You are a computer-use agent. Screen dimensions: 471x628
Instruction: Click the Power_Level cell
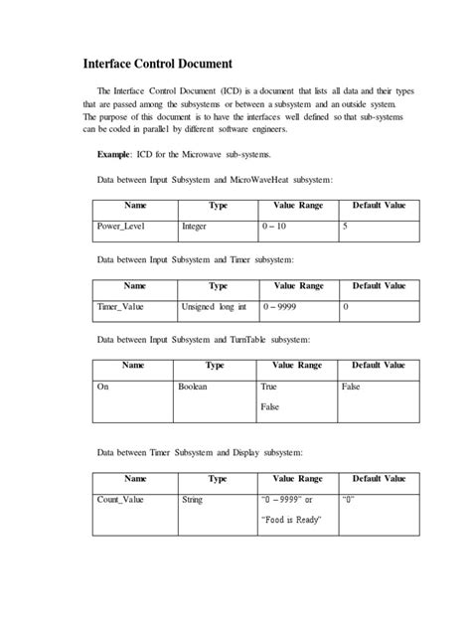(121, 227)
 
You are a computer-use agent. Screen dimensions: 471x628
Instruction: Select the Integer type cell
(195, 227)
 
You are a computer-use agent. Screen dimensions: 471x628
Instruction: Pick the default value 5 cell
(345, 227)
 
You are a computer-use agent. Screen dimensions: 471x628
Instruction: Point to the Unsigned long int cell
(214, 307)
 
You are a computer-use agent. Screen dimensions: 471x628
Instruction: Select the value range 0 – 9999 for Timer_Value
(283, 307)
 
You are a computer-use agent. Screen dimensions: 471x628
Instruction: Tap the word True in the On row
(268, 387)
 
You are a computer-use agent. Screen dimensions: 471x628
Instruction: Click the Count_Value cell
(120, 499)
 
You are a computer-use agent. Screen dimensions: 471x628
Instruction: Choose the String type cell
(192, 499)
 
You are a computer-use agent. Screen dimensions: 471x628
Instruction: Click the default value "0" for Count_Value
(348, 499)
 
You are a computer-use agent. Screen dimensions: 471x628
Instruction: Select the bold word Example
(116, 156)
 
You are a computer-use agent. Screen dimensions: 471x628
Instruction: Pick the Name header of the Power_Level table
(134, 205)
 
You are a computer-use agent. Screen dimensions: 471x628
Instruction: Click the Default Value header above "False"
(378, 365)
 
